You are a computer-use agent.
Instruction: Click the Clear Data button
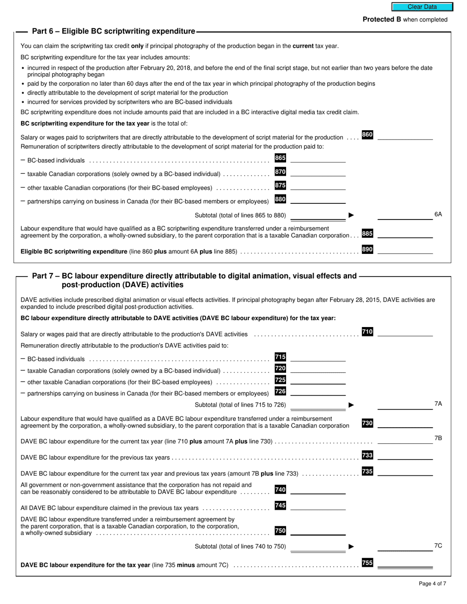422,7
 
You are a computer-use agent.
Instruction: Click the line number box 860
367,135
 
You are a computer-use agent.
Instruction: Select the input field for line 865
318,159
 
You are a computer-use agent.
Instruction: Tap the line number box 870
280,172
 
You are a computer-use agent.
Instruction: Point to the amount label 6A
438,214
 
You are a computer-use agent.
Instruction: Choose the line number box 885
367,234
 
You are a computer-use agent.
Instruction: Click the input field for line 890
405,250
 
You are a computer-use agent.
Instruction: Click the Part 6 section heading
114,31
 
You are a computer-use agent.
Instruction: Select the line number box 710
367,332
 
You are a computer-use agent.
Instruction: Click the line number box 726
280,391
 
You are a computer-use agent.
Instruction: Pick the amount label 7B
438,438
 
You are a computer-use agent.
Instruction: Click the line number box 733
367,455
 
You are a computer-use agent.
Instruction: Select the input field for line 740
318,490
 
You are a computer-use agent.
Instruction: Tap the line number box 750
280,531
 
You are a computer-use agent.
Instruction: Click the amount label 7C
438,546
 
